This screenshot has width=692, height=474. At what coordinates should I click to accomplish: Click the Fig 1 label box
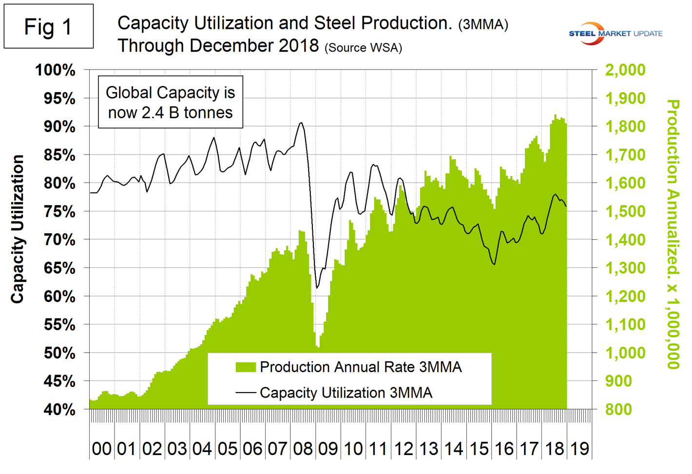pos(48,26)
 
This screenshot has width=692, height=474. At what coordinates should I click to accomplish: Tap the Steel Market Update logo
pos(615,34)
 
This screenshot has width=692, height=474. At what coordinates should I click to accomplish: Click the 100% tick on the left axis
pos(56,70)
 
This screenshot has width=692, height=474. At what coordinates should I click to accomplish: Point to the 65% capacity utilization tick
pos(59,268)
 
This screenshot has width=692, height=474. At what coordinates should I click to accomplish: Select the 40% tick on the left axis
pos(59,410)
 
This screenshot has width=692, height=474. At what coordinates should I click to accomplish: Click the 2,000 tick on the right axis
pos(625,70)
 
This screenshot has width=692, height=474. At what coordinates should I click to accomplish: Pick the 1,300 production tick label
pos(625,268)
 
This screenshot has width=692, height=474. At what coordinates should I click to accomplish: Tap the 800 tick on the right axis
pos(619,409)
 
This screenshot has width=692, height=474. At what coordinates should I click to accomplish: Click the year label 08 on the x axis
pos(303,449)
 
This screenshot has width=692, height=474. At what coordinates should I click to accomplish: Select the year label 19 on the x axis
pos(579,449)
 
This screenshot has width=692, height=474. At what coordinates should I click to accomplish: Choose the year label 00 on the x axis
pos(101,449)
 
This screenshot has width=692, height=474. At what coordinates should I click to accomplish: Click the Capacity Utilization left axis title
pos(18,229)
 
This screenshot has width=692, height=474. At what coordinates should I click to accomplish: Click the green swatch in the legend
pos(246,367)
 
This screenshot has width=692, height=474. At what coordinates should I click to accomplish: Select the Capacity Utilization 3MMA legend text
pos(346,393)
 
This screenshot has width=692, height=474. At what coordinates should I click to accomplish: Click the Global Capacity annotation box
pos(171,102)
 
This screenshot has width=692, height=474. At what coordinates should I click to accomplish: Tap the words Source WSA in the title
pos(363,48)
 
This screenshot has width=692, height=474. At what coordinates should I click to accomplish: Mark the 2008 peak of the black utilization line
pos(301,123)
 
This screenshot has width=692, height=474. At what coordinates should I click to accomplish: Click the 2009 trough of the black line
pos(317,288)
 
